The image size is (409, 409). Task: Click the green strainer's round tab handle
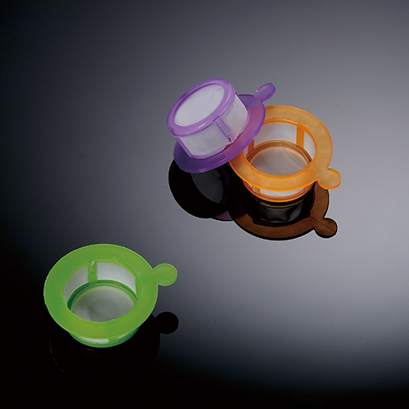point(164,274)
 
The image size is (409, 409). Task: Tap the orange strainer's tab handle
point(328,177)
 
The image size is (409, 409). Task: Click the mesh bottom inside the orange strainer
point(278,161)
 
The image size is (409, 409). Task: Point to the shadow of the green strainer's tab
point(166,323)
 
